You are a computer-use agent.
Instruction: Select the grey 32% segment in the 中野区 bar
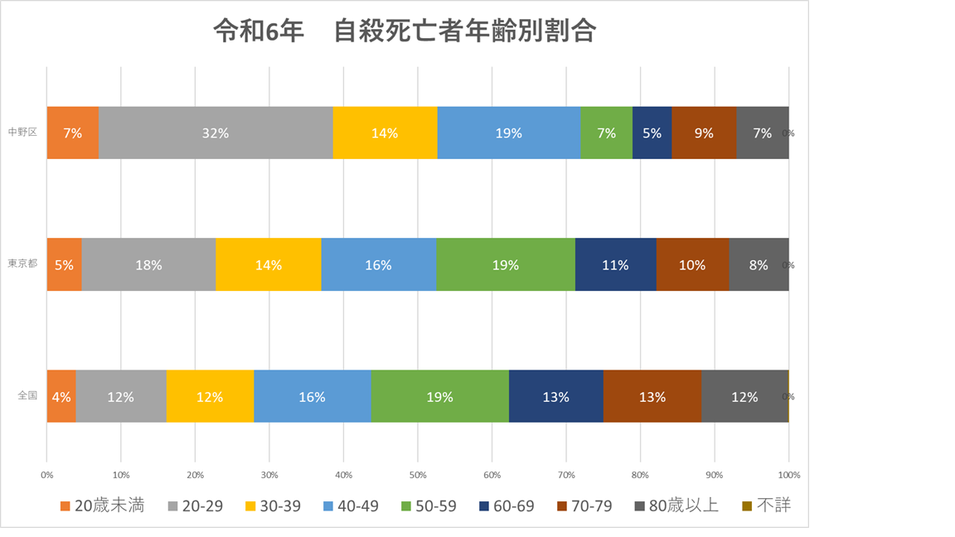(216, 133)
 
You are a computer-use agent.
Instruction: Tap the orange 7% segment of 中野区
(73, 133)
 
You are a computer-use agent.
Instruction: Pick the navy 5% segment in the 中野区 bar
(652, 133)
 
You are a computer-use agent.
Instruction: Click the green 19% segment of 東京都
(506, 265)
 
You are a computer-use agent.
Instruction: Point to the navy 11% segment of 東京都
(615, 265)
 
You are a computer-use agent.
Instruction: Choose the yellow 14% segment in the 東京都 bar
(269, 265)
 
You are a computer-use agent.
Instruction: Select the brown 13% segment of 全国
(652, 397)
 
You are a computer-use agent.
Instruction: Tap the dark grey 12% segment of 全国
(744, 397)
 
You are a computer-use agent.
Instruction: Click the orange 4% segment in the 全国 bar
(61, 397)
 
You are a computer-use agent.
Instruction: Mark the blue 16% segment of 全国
(312, 397)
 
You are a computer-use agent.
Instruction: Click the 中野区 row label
(22, 133)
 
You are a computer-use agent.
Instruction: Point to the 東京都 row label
(22, 265)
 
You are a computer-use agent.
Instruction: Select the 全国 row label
(27, 396)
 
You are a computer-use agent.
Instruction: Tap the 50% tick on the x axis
(418, 476)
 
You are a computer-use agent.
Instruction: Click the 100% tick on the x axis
(788, 476)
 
